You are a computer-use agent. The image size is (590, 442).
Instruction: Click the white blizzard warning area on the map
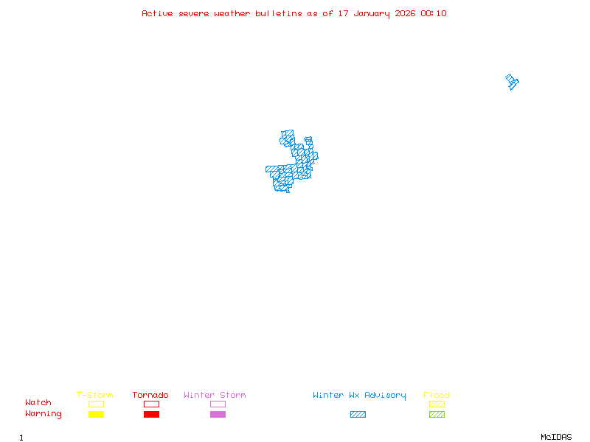299,136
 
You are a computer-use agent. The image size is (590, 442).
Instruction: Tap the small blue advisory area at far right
512,81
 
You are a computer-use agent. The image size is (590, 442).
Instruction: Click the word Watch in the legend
38,403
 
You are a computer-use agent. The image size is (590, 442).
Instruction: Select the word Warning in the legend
44,414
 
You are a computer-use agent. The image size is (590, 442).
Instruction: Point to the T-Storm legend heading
95,395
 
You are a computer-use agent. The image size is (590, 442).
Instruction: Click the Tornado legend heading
150,395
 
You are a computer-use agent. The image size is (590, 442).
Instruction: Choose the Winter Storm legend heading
215,395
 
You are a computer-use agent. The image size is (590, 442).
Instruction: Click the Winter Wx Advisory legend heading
359,395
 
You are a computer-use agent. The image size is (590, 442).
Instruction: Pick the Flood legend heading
437,395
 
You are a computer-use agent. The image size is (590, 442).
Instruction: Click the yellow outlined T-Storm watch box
96,404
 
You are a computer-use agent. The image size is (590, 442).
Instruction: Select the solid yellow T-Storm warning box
96,414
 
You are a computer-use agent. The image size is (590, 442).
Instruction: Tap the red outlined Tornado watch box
151,404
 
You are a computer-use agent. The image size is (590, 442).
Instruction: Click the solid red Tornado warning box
151,414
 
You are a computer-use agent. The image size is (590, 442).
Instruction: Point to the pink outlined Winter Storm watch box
218,404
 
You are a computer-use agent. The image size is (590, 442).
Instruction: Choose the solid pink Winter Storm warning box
218,414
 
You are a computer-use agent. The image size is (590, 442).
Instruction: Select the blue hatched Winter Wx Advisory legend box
358,414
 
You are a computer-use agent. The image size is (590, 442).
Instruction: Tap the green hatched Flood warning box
437,414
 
